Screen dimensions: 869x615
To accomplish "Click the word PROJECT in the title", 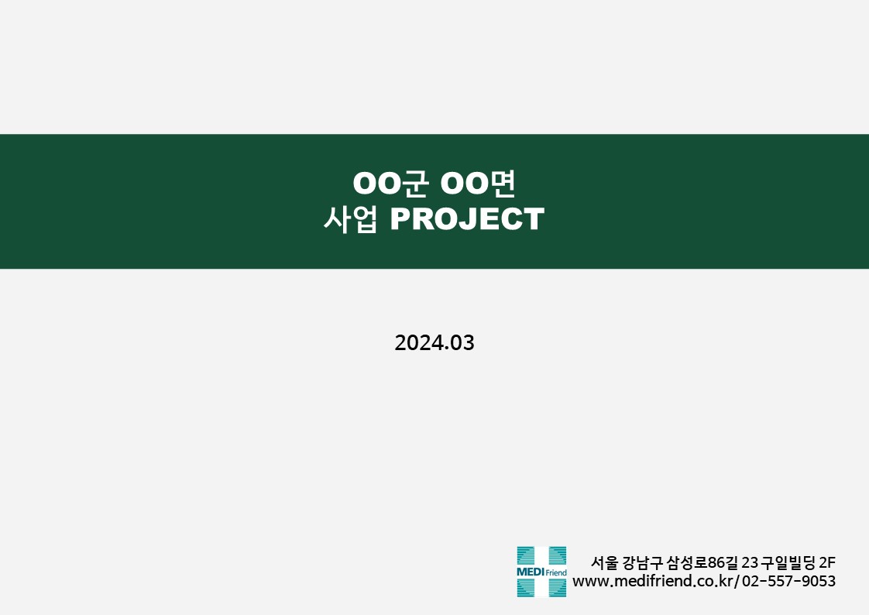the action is pos(467,219).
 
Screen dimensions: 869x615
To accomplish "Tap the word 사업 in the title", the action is pos(350,219).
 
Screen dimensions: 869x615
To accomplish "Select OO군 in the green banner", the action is pos(390,183).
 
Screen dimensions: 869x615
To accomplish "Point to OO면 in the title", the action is pos(478,183).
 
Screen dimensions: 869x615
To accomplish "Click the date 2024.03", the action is pos(434,343).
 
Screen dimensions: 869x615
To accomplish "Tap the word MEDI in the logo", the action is pos(531,572).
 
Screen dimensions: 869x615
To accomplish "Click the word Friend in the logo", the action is pos(556,572).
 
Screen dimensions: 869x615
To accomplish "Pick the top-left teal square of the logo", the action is pos(525,555).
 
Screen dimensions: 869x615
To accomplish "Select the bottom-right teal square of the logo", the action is pos(558,588).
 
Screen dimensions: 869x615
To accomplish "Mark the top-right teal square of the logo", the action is pos(558,555).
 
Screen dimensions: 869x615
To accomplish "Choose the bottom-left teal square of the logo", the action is pos(525,588).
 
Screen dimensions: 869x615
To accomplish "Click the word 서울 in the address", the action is pos(604,563).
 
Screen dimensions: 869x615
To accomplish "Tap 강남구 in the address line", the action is pos(643,563).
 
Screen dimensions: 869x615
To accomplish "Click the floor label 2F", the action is pos(827,563).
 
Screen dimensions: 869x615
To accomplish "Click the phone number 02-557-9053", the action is pos(788,581).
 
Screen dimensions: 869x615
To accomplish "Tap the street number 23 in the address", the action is pos(749,563).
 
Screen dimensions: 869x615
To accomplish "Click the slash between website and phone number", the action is pos(737,581).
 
